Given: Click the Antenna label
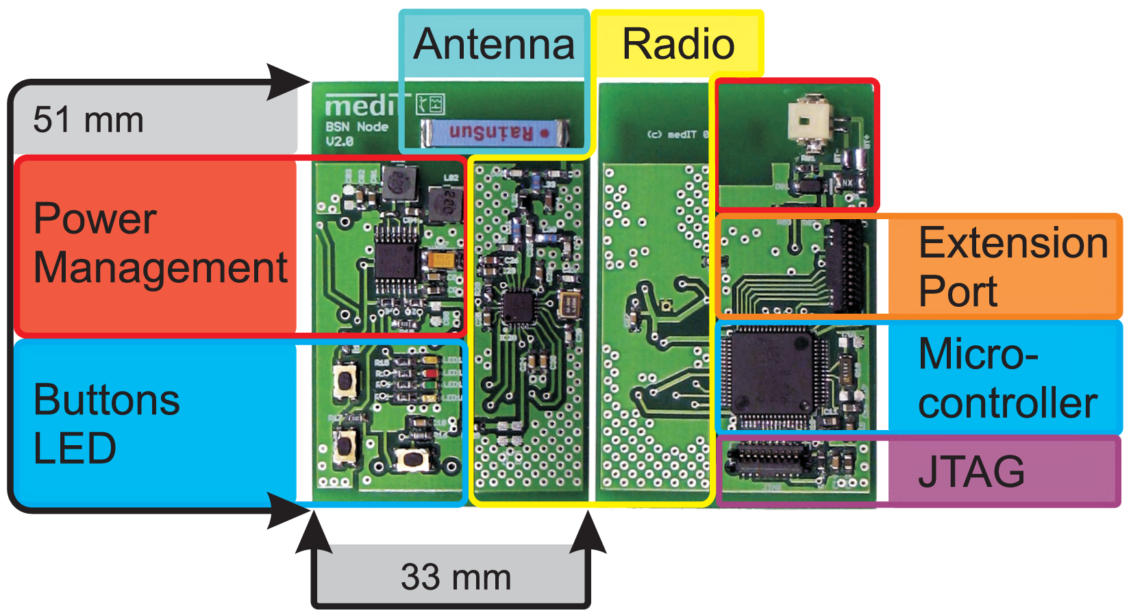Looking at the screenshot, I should pos(493,45).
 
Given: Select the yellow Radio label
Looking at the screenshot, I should pos(678,45).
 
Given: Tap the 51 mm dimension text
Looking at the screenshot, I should pos(88,120).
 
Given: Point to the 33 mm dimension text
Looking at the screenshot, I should pos(456,577).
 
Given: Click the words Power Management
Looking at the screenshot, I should pos(160,243).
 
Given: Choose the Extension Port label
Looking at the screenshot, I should pos(1012,266).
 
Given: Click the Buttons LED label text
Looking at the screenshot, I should pos(106,424).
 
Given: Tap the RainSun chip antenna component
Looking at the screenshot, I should pos(495,133).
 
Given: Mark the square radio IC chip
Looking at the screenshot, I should pos(519,307).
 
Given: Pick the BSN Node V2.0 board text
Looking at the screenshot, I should pos(356,134).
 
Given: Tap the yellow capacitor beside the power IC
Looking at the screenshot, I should pos(439,260).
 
